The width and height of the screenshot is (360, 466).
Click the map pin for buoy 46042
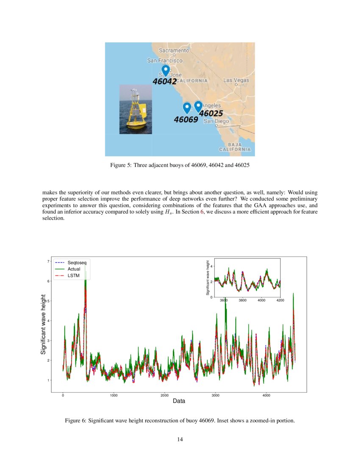click(166, 70)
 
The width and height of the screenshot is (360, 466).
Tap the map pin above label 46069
click(187, 108)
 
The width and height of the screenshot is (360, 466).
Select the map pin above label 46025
click(198, 106)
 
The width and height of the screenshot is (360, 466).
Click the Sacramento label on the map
click(174, 50)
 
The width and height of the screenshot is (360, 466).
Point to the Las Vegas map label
click(236, 80)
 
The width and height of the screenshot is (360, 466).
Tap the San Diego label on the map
click(216, 121)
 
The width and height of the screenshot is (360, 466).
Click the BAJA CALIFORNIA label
click(235, 147)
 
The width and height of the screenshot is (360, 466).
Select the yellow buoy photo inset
click(136, 109)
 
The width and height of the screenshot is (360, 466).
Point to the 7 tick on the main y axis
click(47, 261)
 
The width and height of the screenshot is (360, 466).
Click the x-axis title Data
click(179, 401)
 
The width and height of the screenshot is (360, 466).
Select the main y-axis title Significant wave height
click(43, 325)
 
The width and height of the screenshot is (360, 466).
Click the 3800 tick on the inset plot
click(243, 300)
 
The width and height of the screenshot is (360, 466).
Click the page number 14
click(180, 440)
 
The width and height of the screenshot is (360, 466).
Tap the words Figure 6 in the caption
click(75, 421)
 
